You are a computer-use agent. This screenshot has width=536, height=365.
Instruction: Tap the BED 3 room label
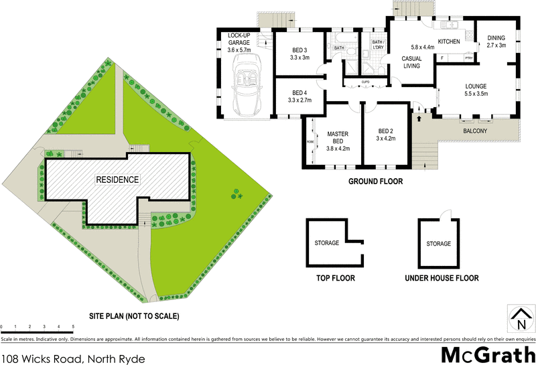click(299, 54)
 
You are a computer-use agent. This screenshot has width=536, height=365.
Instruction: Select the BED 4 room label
click(299, 96)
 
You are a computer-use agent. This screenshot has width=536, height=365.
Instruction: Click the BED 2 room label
click(386, 135)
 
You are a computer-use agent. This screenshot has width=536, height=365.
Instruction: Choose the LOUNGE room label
click(476, 90)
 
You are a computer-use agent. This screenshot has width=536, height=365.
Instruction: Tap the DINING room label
click(496, 42)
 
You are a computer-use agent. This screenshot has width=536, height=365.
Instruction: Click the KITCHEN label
click(449, 42)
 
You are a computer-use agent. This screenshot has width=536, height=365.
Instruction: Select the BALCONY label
click(475, 131)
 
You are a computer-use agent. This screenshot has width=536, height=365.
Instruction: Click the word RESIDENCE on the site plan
click(117, 179)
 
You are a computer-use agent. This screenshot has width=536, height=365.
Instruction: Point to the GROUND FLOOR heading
click(376, 181)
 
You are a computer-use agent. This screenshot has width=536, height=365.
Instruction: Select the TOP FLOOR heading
click(334, 278)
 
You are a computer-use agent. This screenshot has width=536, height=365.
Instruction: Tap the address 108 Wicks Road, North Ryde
click(72, 356)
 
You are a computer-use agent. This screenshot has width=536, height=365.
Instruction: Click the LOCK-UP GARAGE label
click(239, 43)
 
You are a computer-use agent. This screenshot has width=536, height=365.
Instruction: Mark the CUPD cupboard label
click(365, 82)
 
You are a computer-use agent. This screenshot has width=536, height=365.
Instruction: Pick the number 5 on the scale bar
click(72, 326)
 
